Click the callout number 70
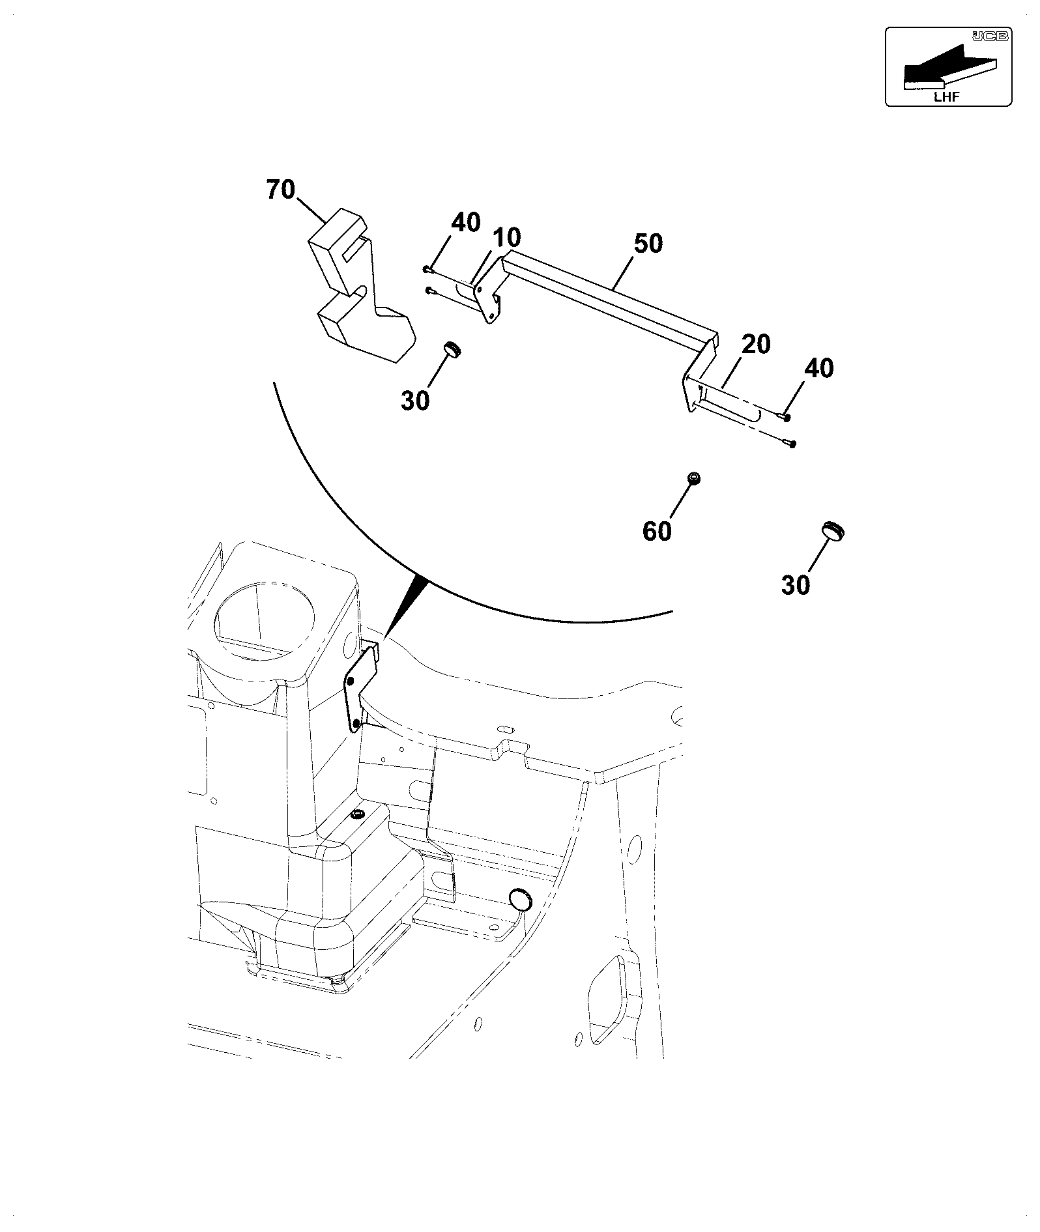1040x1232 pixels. tap(281, 190)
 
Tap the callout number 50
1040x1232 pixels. tap(648, 244)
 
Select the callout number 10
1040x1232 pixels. tap(507, 238)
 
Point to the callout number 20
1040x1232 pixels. tap(756, 344)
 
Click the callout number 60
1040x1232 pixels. tap(657, 532)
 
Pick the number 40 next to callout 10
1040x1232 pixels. tap(466, 223)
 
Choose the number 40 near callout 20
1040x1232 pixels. tap(818, 369)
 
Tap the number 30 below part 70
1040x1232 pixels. tap(415, 401)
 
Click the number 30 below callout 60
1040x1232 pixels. tap(796, 585)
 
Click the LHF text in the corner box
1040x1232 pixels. tap(946, 97)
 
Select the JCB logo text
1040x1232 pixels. tap(989, 36)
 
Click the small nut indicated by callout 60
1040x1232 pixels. tap(695, 479)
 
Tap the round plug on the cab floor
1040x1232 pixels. tap(520, 899)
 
